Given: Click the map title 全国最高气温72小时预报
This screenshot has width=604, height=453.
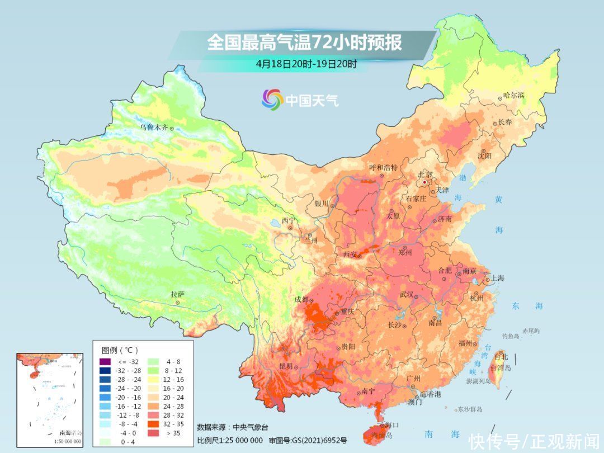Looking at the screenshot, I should coord(304,43).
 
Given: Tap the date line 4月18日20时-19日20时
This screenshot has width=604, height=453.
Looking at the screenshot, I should coord(306,63).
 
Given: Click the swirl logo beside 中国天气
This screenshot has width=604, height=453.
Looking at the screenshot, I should coord(272,100).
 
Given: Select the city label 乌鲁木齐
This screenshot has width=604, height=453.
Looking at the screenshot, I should coord(154,128).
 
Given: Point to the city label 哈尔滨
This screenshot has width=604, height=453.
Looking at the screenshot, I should coord(513,95).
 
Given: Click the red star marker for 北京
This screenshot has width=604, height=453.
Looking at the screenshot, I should coord(425,182).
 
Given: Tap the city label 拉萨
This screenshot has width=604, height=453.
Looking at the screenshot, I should coord(177,294).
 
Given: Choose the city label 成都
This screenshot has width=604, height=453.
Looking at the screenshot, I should coord(301,299).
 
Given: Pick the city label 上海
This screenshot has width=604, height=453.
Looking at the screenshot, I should coord(498,278).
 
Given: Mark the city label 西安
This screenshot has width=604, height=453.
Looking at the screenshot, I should coord(350,254).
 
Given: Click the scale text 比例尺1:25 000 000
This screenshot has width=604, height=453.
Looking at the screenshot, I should coord(229,440).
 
